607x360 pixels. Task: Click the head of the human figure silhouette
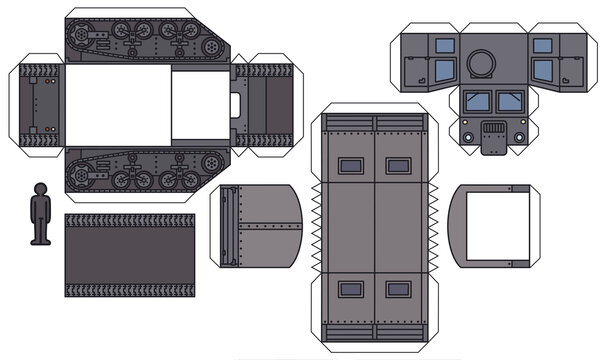(40, 189)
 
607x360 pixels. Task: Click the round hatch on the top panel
(481, 62)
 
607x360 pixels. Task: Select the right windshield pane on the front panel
(507, 101)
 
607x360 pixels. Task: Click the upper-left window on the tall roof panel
(351, 166)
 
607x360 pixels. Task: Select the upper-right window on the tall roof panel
(397, 166)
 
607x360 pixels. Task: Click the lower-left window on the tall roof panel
(351, 289)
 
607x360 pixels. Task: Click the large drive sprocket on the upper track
(81, 39)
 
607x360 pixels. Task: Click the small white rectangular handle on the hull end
(236, 103)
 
